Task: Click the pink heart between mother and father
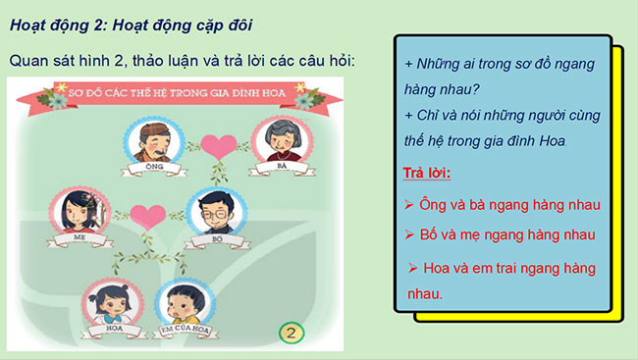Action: coord(146,214)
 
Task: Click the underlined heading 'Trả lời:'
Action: coord(427,174)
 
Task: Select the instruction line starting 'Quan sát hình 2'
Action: coord(182,61)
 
